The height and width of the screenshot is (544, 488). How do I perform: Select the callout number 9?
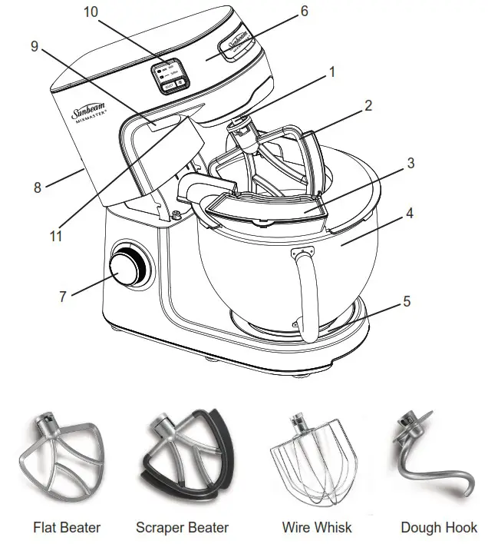tap(35, 47)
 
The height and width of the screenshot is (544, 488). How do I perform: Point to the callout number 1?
tap(331, 72)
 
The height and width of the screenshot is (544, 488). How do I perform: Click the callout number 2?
tap(368, 106)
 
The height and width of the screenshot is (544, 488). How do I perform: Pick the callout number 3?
tap(411, 163)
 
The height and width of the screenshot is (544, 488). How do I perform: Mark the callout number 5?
tap(407, 301)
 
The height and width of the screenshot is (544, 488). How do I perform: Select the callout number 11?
tap(56, 237)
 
